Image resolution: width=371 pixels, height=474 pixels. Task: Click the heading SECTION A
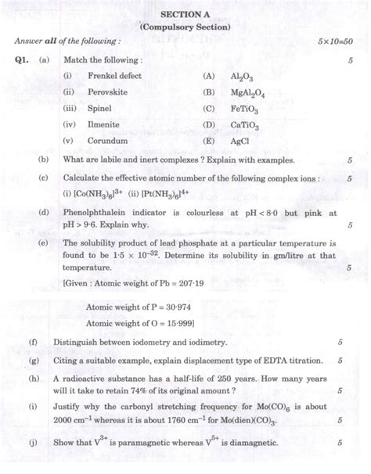click(x=185, y=13)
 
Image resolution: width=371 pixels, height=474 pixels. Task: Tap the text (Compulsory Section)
click(x=185, y=27)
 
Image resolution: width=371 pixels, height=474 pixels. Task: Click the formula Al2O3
click(x=242, y=77)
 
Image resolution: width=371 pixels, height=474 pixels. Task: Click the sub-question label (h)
click(x=31, y=379)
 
